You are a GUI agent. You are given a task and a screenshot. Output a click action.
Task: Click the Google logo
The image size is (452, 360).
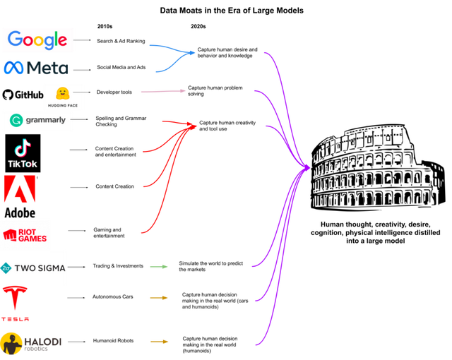coord(37,40)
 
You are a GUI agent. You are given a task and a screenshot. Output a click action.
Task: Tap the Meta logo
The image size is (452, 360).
coord(36,68)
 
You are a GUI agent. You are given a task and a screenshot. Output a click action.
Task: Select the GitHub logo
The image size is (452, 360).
coord(23,95)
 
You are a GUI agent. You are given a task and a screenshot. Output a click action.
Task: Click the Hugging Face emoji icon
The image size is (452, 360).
coord(63,94)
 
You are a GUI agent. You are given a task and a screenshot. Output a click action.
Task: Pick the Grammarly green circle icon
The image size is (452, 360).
coord(16,120)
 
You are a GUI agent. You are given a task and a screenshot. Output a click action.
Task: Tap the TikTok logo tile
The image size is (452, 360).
coord(23,153)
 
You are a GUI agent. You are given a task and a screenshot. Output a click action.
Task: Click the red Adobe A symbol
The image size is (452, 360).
coord(20,189)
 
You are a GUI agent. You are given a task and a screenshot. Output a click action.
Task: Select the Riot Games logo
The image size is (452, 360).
coord(25,235)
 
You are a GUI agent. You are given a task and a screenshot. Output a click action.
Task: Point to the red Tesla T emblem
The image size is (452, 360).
coord(15,297)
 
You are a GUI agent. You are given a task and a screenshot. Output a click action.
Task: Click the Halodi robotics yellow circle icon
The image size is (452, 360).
coord(11,344)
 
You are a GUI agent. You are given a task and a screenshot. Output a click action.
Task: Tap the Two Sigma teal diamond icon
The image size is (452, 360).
coord(6,268)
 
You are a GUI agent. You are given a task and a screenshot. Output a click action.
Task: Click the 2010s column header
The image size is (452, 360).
coord(105,27)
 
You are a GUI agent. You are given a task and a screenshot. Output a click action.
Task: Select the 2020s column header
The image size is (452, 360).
coord(198,27)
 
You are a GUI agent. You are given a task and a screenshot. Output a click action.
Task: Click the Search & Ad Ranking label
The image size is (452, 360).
coord(121,41)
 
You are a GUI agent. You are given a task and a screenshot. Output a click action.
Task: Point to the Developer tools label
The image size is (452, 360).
coord(114,92)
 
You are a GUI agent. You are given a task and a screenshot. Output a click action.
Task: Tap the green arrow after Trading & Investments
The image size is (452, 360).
coord(158,267)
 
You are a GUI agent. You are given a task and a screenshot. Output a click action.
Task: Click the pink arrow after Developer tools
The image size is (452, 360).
coord(163,91)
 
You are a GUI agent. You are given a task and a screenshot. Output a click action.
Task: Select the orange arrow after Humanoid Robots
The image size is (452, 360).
coord(159,342)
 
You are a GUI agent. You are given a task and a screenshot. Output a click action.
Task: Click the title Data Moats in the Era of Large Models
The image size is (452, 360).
coord(232,11)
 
